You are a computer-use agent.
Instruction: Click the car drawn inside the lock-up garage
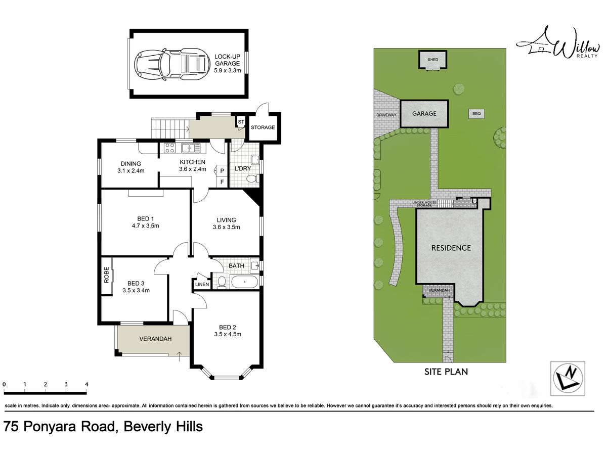point(171,65)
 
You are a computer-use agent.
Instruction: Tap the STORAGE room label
point(263,127)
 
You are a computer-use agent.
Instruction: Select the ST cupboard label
point(241,122)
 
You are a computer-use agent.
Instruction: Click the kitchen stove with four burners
point(169,148)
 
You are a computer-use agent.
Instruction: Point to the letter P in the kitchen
point(222,171)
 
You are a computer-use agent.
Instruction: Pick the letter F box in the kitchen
point(222,182)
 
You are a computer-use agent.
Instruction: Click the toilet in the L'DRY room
point(252,179)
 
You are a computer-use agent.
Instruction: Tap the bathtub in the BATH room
point(244,282)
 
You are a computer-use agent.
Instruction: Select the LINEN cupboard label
point(202,284)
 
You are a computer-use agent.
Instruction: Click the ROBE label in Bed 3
point(106,275)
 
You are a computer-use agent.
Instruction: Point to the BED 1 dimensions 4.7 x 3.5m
point(146,225)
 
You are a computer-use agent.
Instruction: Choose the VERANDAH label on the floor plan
point(155,339)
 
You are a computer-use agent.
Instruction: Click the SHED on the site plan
point(433,60)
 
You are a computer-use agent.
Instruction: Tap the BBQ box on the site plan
point(476,114)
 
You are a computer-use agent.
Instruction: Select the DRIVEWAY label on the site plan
point(386,115)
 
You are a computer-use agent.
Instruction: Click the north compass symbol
point(568,378)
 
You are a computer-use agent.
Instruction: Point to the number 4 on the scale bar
point(86,384)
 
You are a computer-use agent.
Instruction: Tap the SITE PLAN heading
point(446,372)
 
